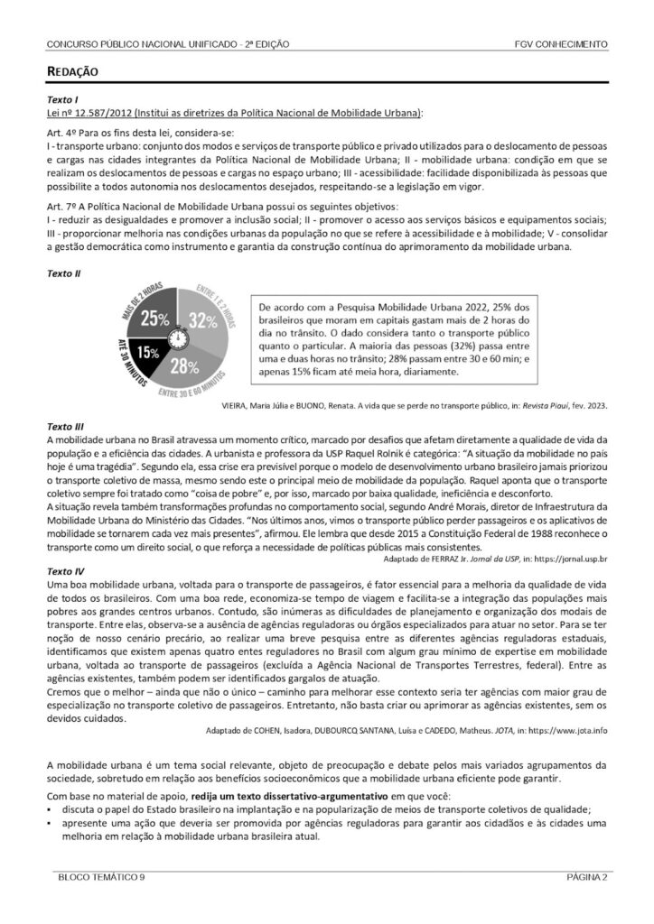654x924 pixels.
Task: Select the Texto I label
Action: [62, 100]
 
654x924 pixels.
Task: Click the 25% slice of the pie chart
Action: [154, 318]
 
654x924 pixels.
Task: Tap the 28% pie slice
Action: [184, 364]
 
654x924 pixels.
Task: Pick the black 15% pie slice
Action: [149, 353]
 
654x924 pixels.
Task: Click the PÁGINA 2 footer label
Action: [586, 876]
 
